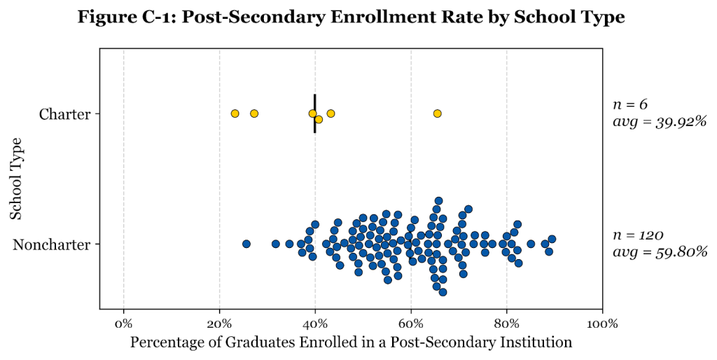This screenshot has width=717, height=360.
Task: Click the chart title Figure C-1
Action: point(351,18)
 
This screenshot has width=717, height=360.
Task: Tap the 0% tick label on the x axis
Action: point(124,324)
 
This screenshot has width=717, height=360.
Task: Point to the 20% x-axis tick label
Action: point(219,324)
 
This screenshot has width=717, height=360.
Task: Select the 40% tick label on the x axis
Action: point(315,324)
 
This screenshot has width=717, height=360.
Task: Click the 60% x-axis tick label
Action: point(411,324)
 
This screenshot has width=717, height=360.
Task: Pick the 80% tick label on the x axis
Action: point(506,324)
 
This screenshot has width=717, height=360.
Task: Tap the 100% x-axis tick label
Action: point(602,324)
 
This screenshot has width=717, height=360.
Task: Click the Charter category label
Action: point(64,113)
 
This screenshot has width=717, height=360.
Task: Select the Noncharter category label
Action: point(52,244)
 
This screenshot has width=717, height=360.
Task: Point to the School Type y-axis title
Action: point(17,179)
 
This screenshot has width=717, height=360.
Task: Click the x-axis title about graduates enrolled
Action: point(351,342)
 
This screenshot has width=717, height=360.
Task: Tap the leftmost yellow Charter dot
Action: point(235,113)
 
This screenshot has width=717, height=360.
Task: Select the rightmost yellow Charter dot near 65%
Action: point(438,113)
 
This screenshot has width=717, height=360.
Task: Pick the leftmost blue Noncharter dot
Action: point(246,244)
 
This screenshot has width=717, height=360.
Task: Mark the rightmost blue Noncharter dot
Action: point(552,239)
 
